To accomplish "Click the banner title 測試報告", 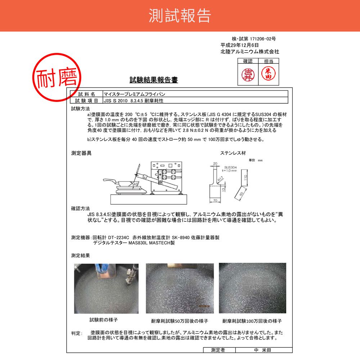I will [180, 15].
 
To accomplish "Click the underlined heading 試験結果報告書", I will [154, 80].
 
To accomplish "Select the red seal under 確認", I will [248, 74].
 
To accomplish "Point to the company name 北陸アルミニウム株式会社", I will [249, 51].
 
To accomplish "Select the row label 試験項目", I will [84, 100].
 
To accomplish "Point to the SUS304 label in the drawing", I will [230, 167].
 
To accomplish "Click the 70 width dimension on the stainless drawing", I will [215, 200].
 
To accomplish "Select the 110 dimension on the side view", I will [245, 177].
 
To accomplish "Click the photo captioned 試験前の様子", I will [106, 288].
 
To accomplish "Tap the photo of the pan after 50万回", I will [180, 288].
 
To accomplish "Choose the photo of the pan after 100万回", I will [252, 288].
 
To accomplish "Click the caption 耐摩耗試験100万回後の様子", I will [252, 321].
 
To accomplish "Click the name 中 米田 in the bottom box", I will [264, 350].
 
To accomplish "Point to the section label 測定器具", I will [81, 153].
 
